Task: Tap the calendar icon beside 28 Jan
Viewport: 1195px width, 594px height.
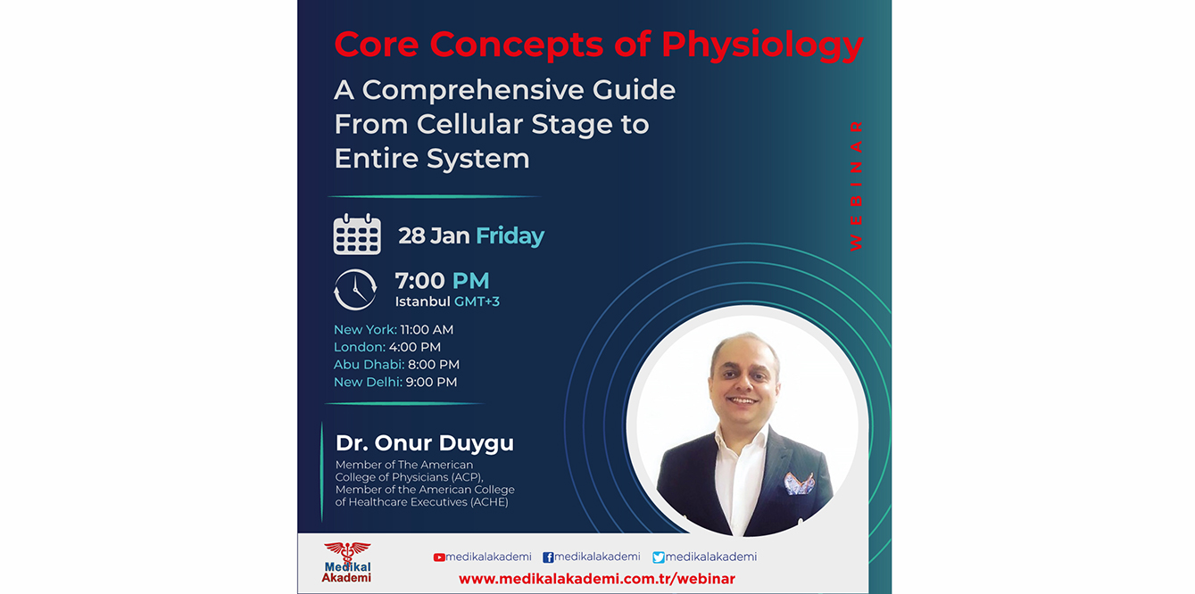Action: tap(357, 235)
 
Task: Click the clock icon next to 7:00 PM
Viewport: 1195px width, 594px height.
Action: tap(355, 290)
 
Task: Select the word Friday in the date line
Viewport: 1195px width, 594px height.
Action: tap(510, 236)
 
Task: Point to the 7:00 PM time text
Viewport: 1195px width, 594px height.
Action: tap(442, 281)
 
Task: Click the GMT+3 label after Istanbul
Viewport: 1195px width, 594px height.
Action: tap(477, 301)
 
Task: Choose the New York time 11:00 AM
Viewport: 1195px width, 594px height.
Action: tap(427, 330)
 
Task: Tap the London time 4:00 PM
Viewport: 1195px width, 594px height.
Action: tap(415, 347)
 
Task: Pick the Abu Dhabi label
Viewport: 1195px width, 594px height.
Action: tap(369, 365)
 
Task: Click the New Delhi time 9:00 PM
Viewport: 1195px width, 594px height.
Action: tap(431, 382)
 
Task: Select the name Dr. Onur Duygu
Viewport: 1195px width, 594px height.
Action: tap(425, 443)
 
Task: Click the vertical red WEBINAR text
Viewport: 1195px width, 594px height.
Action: tap(857, 185)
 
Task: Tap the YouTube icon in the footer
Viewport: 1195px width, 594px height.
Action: tap(439, 557)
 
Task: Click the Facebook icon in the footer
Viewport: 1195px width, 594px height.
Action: tap(548, 557)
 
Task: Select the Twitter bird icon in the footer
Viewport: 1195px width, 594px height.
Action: tap(659, 557)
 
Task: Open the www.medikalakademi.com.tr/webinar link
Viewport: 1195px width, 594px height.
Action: tap(597, 579)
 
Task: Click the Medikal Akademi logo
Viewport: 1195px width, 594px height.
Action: tap(346, 563)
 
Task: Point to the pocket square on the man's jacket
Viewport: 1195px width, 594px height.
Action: tap(799, 483)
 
